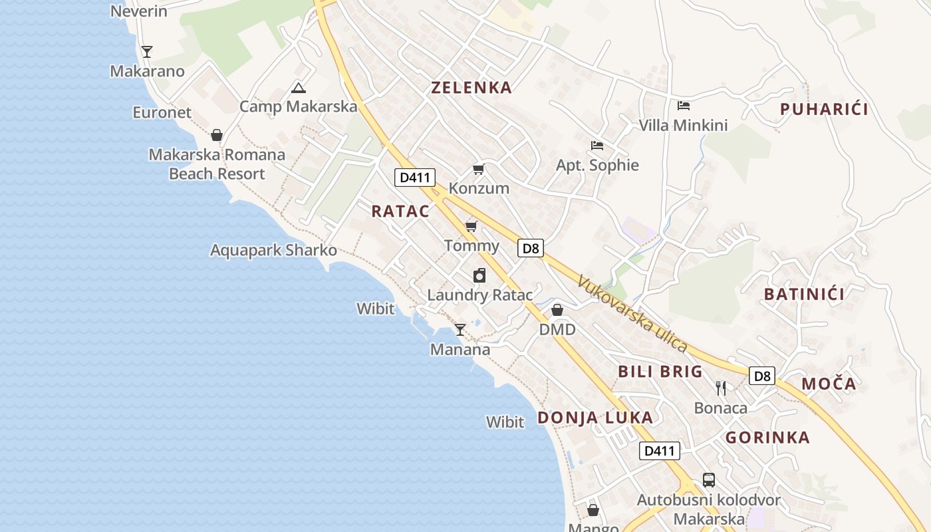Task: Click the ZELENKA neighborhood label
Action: (x=471, y=88)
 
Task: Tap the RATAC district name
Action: (x=400, y=211)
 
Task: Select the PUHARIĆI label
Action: (x=824, y=110)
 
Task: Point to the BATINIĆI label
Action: (x=804, y=295)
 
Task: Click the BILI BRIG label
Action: (x=660, y=372)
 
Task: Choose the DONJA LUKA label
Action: (x=595, y=418)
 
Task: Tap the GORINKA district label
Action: (x=767, y=438)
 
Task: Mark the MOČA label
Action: (x=829, y=384)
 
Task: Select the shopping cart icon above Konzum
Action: (x=478, y=170)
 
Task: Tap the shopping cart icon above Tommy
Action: (x=471, y=227)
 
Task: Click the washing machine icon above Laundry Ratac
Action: (x=479, y=275)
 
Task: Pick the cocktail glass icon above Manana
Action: (x=460, y=329)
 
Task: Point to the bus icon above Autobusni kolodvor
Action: (x=709, y=480)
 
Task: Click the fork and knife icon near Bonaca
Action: (x=721, y=388)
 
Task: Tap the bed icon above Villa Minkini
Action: (x=683, y=106)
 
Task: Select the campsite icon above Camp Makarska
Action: (x=299, y=88)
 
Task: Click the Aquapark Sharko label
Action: (x=273, y=251)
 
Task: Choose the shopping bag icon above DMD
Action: (x=557, y=310)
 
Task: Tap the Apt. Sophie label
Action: (x=597, y=166)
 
